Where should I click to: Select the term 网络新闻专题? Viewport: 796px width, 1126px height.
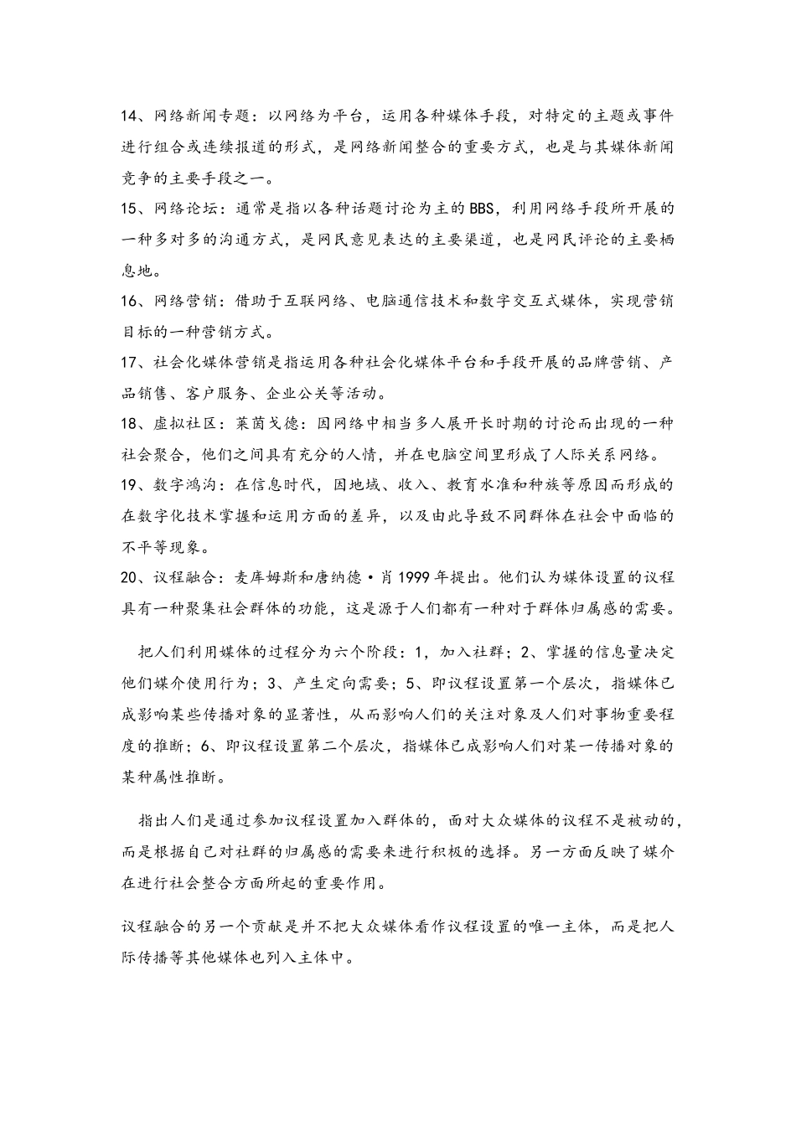pyautogui.click(x=199, y=115)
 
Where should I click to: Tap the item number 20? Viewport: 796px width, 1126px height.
pyautogui.click(x=131, y=578)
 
